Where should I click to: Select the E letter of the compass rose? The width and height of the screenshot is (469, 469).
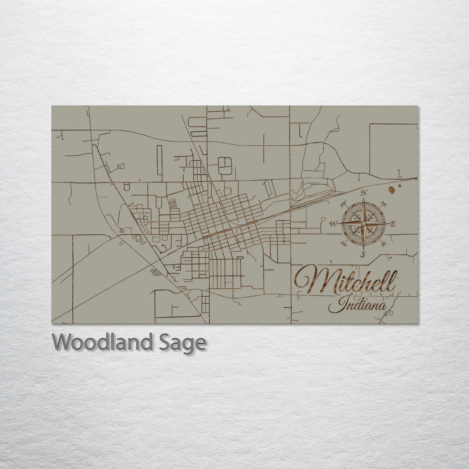392,224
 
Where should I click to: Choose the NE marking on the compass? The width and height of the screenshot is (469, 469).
384,204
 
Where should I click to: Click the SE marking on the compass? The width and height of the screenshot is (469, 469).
384,243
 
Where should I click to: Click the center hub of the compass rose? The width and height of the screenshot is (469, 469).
364,224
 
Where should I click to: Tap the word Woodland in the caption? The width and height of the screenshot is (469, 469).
102,342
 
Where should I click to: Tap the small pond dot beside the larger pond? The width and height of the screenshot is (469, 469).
400,186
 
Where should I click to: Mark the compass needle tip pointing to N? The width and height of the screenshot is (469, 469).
364,199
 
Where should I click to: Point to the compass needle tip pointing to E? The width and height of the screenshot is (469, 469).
389,224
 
